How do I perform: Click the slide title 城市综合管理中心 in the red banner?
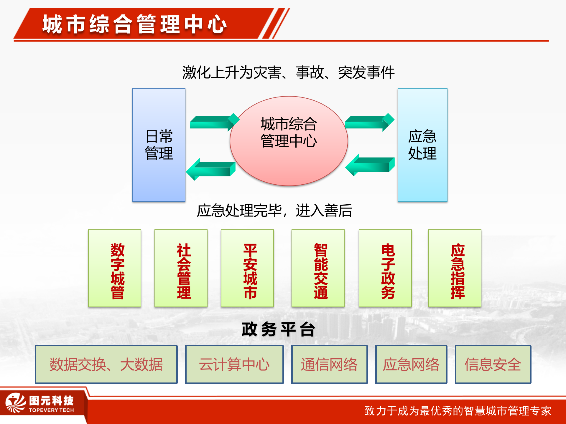tap(134, 24)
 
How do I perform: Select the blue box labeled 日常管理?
tap(159, 145)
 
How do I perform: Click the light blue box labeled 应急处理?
tap(422, 145)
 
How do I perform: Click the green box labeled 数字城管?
tap(115, 268)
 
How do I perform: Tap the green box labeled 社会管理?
tap(181, 268)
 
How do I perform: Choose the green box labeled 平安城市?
tap(247, 268)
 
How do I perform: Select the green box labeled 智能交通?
tap(318, 268)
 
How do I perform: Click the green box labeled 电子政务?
tap(385, 268)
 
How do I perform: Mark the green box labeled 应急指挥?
tap(455, 268)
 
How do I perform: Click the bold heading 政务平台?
tap(279, 329)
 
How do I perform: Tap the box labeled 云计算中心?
tap(234, 365)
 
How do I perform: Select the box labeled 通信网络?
tap(329, 365)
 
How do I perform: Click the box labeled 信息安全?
tap(493, 365)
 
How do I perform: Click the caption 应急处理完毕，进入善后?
tap(274, 211)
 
